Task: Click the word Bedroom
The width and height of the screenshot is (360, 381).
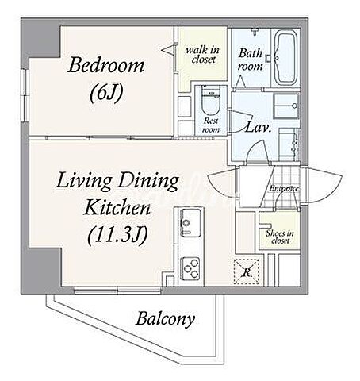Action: [x=106, y=65]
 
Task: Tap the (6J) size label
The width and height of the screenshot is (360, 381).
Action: [x=106, y=94]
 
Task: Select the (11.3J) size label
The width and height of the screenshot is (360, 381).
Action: [x=117, y=235]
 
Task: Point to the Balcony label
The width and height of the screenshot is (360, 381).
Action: [x=166, y=319]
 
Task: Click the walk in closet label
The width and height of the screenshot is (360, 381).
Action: [x=203, y=55]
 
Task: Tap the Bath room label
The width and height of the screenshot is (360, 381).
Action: [x=250, y=60]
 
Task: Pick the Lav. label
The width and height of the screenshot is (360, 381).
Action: [x=259, y=128]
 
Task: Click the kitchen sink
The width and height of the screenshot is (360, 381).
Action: [x=190, y=222]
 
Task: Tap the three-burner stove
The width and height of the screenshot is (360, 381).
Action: [x=190, y=268]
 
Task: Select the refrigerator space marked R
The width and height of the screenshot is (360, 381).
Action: [x=247, y=271]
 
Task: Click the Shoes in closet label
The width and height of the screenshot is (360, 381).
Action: [x=280, y=237]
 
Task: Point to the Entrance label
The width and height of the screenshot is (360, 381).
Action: [x=284, y=188]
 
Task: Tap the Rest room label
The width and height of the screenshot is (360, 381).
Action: [x=211, y=125]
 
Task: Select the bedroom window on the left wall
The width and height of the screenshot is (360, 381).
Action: [x=25, y=95]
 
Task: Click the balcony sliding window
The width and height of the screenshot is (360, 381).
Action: [x=117, y=291]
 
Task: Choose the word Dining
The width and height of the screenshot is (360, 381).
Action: [x=148, y=182]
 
